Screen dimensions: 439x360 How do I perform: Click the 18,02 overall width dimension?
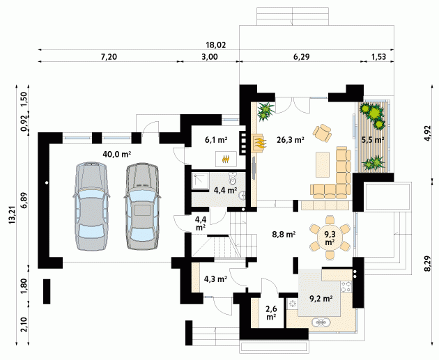click(215, 45)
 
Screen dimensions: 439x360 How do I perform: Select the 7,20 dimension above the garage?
click(109, 57)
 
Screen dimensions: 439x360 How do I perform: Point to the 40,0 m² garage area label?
click(117, 154)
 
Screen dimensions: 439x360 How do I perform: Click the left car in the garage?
click(91, 205)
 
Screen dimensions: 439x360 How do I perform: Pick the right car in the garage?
click(142, 206)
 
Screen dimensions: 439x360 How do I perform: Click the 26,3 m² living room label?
click(291, 139)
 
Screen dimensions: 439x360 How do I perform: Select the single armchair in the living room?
click(323, 132)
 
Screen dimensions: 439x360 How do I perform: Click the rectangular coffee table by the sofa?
click(323, 164)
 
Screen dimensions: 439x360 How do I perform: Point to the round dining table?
click(330, 237)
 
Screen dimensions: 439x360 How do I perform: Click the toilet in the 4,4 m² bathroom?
click(233, 178)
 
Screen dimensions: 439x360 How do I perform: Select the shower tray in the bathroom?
click(200, 181)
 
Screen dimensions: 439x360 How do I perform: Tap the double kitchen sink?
click(321, 322)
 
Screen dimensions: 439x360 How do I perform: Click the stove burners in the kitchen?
click(346, 286)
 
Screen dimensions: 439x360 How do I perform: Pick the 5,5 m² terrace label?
click(373, 139)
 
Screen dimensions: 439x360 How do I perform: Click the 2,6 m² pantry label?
click(271, 313)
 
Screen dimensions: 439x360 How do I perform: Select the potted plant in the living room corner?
click(265, 111)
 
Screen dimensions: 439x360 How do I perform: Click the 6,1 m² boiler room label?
click(216, 139)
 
